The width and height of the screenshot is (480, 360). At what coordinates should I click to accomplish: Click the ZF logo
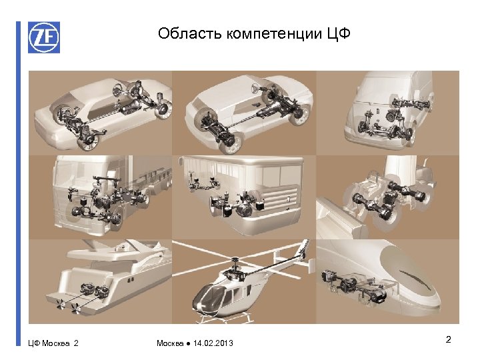(44, 37)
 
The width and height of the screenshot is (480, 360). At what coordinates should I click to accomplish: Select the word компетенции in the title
(274, 34)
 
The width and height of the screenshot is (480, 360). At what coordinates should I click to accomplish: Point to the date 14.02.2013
(213, 343)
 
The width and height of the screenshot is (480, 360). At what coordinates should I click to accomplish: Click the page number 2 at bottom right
(449, 339)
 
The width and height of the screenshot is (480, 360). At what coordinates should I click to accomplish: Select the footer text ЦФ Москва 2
(53, 343)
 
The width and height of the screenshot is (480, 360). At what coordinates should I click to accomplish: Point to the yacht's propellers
(67, 307)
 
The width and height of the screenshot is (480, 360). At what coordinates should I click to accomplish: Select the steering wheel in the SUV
(256, 88)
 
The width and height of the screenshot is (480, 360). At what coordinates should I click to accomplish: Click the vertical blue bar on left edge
(19, 184)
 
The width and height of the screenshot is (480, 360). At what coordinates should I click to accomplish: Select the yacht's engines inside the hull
(94, 290)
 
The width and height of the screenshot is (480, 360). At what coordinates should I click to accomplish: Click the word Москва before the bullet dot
(170, 343)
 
